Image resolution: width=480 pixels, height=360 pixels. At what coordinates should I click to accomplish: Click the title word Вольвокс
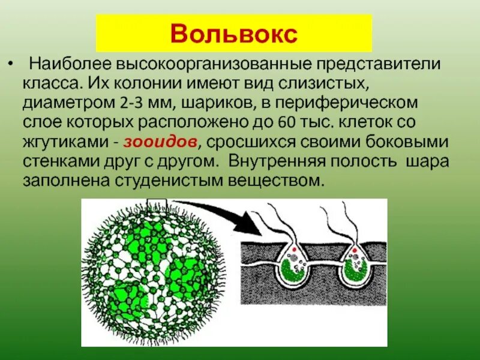pyautogui.click(x=234, y=34)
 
